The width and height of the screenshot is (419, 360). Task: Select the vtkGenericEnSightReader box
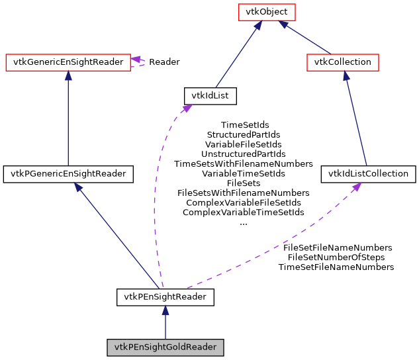point(68,62)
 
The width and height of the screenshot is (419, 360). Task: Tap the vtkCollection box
point(343,62)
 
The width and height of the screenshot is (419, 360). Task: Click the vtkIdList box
point(210,96)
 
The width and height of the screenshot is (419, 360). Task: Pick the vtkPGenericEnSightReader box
point(68,174)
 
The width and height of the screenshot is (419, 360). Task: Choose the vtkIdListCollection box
point(369,174)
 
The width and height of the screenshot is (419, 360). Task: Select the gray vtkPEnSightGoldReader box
point(165,347)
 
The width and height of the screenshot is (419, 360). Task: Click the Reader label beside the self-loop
point(164,62)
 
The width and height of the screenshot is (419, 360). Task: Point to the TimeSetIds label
point(245,124)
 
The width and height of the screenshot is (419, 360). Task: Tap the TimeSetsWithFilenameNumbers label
point(243,163)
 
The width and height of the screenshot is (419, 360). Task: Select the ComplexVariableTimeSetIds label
point(243,212)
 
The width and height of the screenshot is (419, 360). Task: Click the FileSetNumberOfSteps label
point(336,257)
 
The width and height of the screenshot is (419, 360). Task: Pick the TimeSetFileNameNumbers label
point(336,267)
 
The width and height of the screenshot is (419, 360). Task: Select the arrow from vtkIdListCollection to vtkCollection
point(355,119)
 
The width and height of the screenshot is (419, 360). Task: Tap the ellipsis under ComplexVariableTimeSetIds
point(243,223)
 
